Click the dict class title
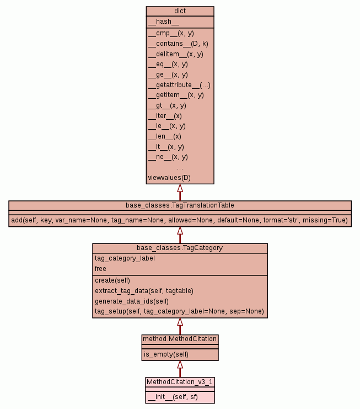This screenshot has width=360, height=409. pyautogui.click(x=180, y=11)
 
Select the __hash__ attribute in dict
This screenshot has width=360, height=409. pyautogui.click(x=163, y=22)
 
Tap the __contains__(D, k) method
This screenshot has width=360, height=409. pyautogui.click(x=178, y=43)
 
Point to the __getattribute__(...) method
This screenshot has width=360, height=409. pyautogui.click(x=179, y=84)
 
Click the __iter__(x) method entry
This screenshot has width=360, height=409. pyautogui.click(x=165, y=115)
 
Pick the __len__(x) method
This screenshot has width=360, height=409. pyautogui.click(x=164, y=136)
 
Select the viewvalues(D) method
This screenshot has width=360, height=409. pyautogui.click(x=169, y=178)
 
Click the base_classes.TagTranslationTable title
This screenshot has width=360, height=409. pyautogui.click(x=180, y=205)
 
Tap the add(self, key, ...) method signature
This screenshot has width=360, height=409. pyautogui.click(x=180, y=220)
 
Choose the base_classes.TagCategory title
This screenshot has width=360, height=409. pyautogui.click(x=180, y=248)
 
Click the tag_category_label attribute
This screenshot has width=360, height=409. pyautogui.click(x=125, y=258)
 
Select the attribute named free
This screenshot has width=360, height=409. pyautogui.click(x=100, y=269)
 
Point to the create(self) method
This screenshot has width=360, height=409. pyautogui.click(x=112, y=280)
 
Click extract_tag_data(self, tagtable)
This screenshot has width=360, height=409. pyautogui.click(x=144, y=290)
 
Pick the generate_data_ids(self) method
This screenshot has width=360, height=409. pyautogui.click(x=132, y=301)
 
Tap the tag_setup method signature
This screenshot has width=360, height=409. pyautogui.click(x=179, y=311)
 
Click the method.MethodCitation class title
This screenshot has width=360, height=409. pyautogui.click(x=180, y=338)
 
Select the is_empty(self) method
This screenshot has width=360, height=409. pyautogui.click(x=166, y=354)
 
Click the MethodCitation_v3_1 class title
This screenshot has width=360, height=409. pyautogui.click(x=180, y=381)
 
